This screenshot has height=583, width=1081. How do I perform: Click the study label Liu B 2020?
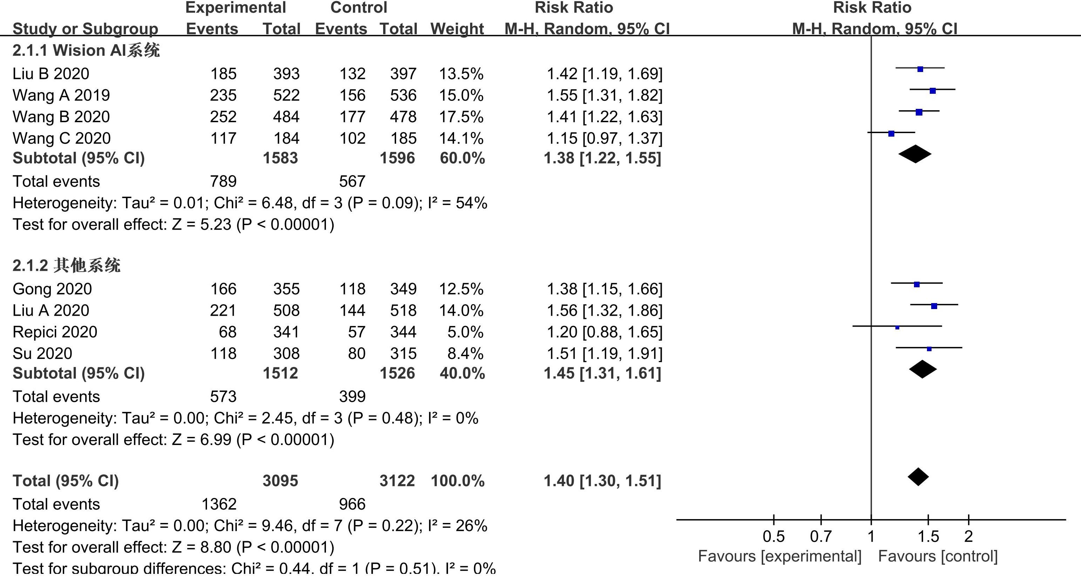pyautogui.click(x=51, y=74)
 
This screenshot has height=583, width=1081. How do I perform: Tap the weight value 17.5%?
pyautogui.click(x=461, y=117)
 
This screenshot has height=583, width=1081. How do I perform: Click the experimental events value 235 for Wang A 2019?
pyautogui.click(x=223, y=95)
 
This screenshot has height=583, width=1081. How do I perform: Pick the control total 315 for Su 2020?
pyautogui.click(x=403, y=354)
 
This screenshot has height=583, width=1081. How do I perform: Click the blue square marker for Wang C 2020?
pyautogui.click(x=891, y=133)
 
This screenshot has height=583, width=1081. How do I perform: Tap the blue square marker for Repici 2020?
pyautogui.click(x=897, y=327)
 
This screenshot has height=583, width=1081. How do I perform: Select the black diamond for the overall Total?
pyautogui.click(x=918, y=477)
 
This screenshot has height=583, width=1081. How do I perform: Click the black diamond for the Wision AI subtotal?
pyautogui.click(x=915, y=154)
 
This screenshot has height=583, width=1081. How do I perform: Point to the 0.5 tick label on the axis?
pyautogui.click(x=773, y=537)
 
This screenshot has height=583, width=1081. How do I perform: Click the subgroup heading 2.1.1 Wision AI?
pyautogui.click(x=86, y=51)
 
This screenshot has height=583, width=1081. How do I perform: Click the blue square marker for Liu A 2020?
pyautogui.click(x=934, y=306)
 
